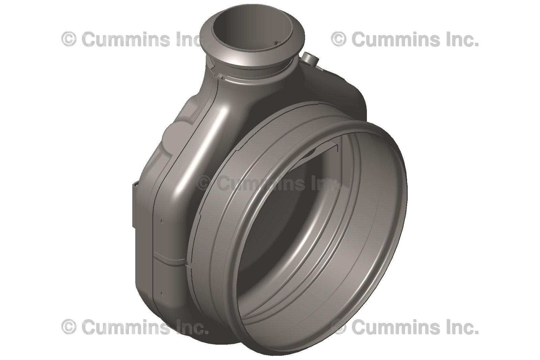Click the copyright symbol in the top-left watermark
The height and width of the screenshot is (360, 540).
point(69,39)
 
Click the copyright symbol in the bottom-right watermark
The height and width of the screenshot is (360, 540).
point(339,327)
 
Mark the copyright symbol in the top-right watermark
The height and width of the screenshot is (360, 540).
point(339,39)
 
